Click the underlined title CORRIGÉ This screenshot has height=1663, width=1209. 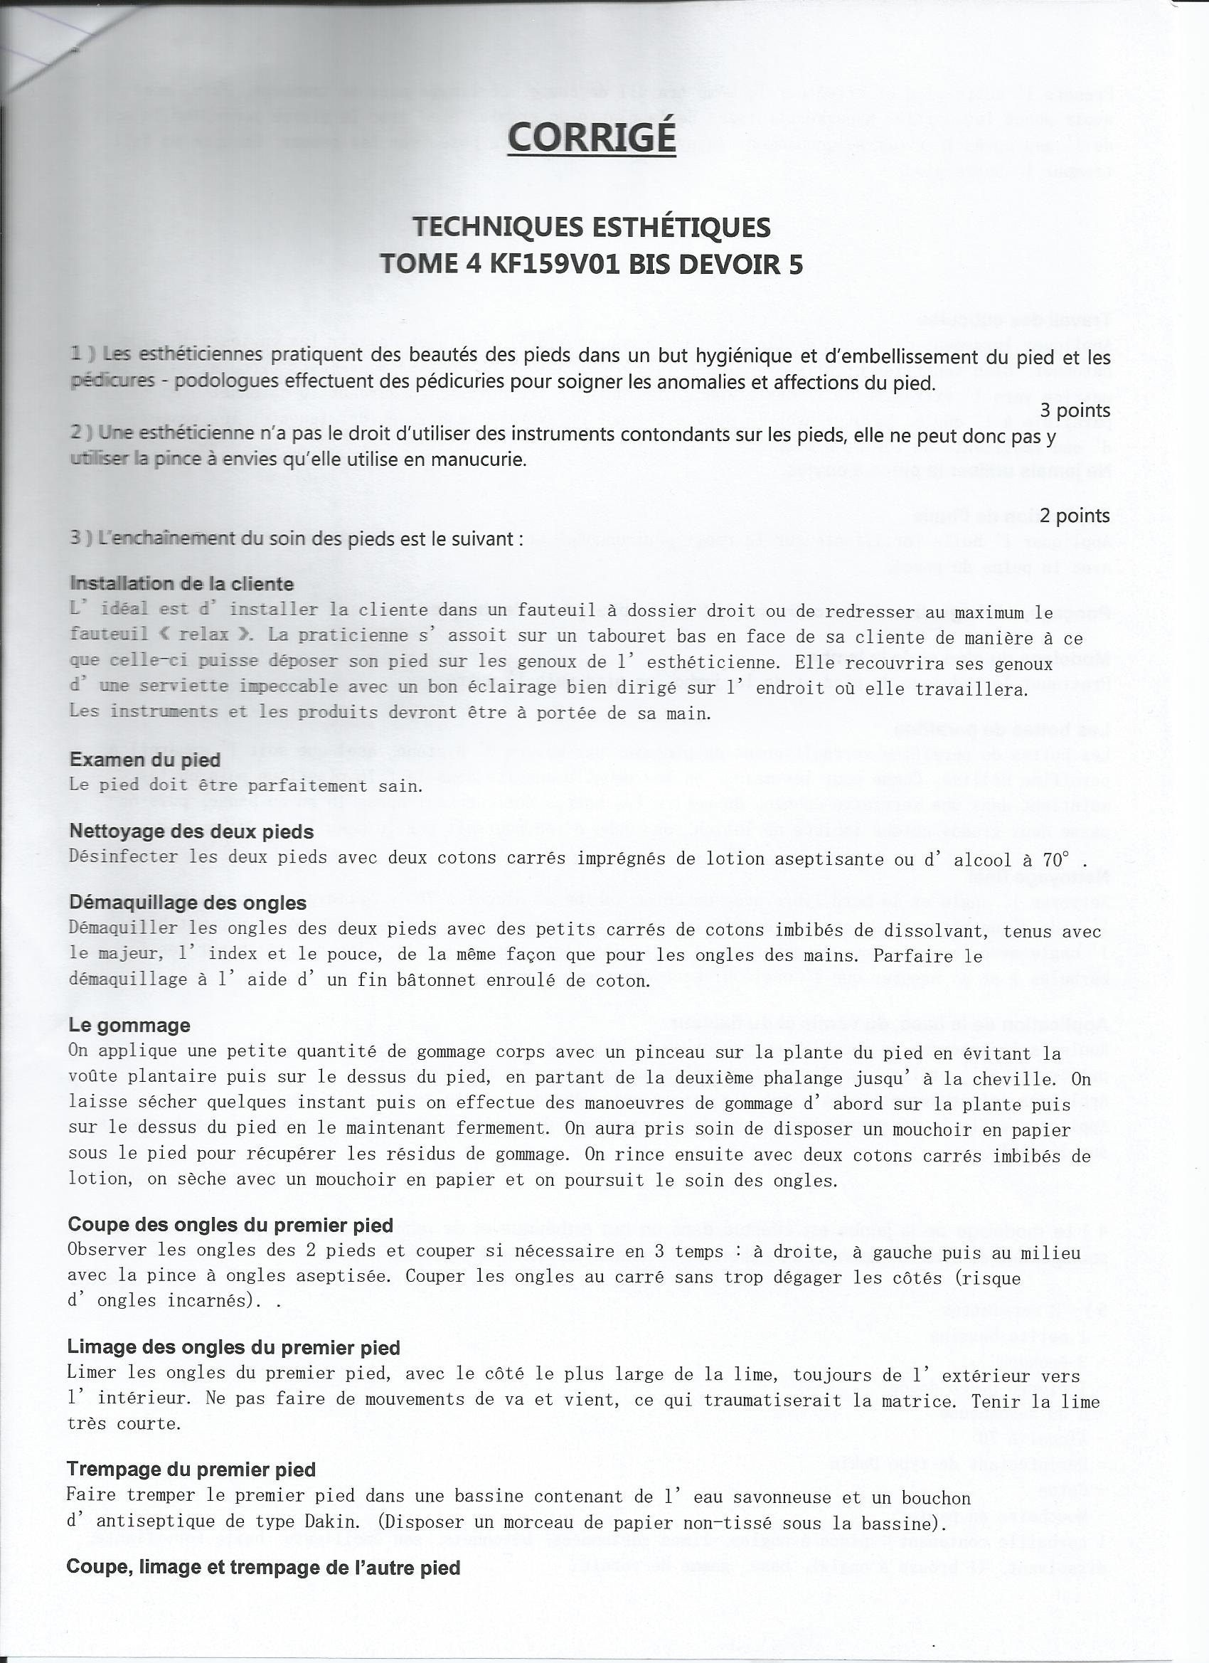(591, 137)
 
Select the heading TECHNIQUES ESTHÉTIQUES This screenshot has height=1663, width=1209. (591, 228)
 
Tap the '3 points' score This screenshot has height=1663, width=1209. (1074, 410)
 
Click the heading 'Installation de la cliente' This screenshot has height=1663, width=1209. (181, 584)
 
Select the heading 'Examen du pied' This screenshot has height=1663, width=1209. (144, 760)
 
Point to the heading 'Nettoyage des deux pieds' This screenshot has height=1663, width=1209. (191, 831)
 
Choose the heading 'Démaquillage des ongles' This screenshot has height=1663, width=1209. (187, 903)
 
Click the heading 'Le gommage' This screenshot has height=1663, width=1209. (129, 1025)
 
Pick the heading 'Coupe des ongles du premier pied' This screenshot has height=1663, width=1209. (230, 1225)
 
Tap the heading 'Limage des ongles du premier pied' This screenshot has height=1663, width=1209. (233, 1347)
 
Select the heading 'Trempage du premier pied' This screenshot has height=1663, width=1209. (191, 1470)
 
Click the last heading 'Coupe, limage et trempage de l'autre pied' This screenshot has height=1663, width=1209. (263, 1568)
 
